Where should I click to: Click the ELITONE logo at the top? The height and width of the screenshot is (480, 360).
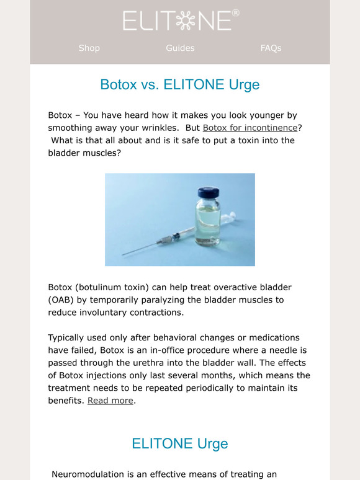(x=179, y=20)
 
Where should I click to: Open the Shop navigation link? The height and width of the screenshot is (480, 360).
(x=89, y=48)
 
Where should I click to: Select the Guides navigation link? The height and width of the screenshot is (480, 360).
(x=180, y=48)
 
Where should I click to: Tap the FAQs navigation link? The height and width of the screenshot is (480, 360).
(x=271, y=48)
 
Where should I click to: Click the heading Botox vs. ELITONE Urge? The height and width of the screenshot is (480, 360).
(x=180, y=84)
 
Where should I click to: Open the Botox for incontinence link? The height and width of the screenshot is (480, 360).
(x=250, y=128)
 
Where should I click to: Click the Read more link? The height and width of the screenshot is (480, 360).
(x=110, y=401)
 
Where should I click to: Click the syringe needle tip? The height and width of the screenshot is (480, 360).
(x=124, y=254)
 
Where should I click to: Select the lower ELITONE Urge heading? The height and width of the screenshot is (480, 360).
(x=180, y=444)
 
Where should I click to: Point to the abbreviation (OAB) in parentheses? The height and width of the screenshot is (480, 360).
(x=63, y=300)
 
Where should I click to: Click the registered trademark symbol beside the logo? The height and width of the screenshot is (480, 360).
(x=235, y=12)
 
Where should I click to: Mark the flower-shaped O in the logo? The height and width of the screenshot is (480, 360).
(x=186, y=20)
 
